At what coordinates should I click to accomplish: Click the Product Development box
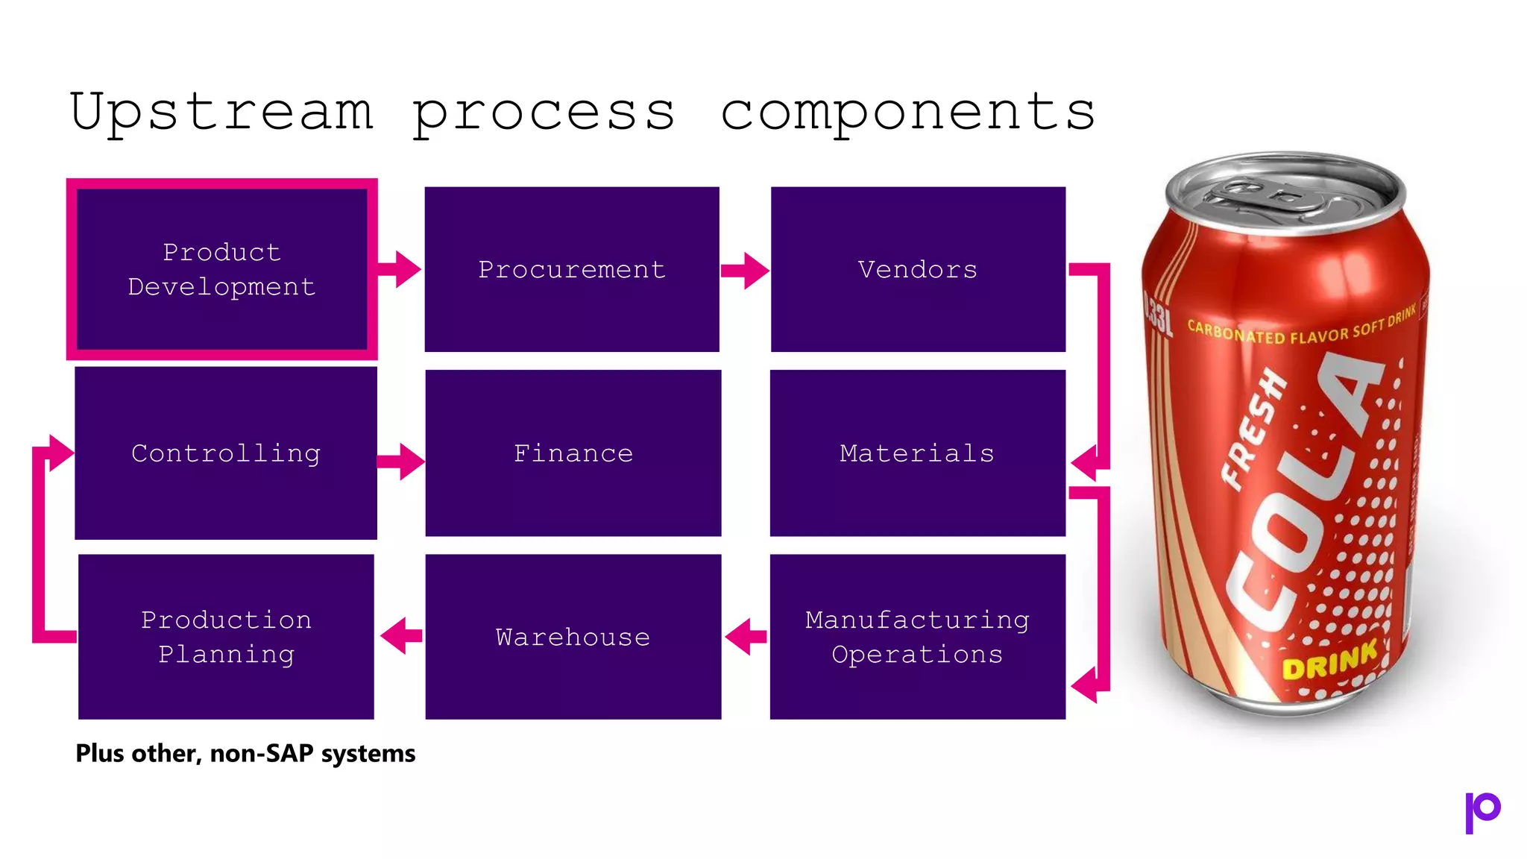click(221, 269)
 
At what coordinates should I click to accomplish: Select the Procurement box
click(572, 269)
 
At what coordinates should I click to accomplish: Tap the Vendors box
click(918, 269)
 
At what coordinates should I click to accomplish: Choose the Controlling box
click(226, 453)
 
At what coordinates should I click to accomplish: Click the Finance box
click(573, 453)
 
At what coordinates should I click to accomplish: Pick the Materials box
click(917, 453)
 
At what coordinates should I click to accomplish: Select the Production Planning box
click(226, 636)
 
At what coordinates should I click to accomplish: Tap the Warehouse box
click(573, 636)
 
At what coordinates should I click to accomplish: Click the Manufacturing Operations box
click(917, 636)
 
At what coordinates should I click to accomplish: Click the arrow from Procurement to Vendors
click(745, 270)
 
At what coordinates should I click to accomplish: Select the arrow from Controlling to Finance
click(401, 462)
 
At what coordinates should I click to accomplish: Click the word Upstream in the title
click(221, 112)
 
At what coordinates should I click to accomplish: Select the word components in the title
click(907, 112)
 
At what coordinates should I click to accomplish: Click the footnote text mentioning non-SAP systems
click(245, 753)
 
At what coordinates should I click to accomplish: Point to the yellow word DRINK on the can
click(1329, 661)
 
